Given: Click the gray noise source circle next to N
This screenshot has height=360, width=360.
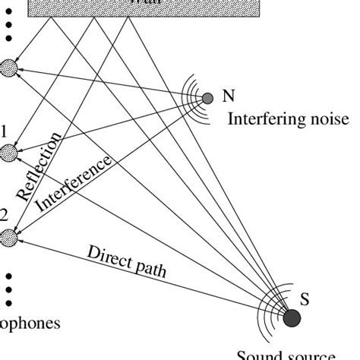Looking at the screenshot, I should point(207,98).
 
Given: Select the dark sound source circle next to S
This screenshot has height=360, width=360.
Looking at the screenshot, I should point(292,317).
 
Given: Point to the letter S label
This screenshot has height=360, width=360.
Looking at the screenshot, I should point(305,299).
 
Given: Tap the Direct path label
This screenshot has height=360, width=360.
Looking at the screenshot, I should point(127,261).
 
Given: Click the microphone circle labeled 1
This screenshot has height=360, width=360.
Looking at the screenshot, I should point(9,153).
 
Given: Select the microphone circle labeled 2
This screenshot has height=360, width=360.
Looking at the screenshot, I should point(8,238).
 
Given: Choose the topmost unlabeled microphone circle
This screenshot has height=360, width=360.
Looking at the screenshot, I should point(9,68).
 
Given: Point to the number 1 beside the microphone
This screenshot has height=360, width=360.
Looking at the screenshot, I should point(4,131).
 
